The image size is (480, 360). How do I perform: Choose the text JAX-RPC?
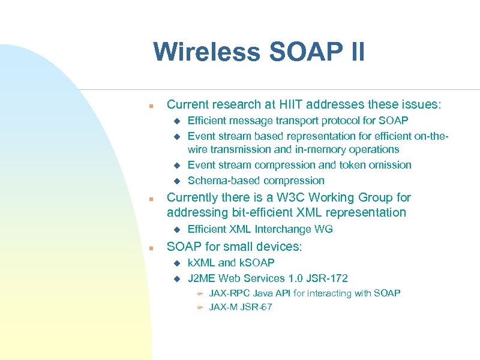coord(229,293)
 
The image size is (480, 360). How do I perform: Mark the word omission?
coord(390,165)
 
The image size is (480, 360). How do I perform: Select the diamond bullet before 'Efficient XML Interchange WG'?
coord(177,229)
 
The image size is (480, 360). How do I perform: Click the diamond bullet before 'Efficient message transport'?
coord(177,121)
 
